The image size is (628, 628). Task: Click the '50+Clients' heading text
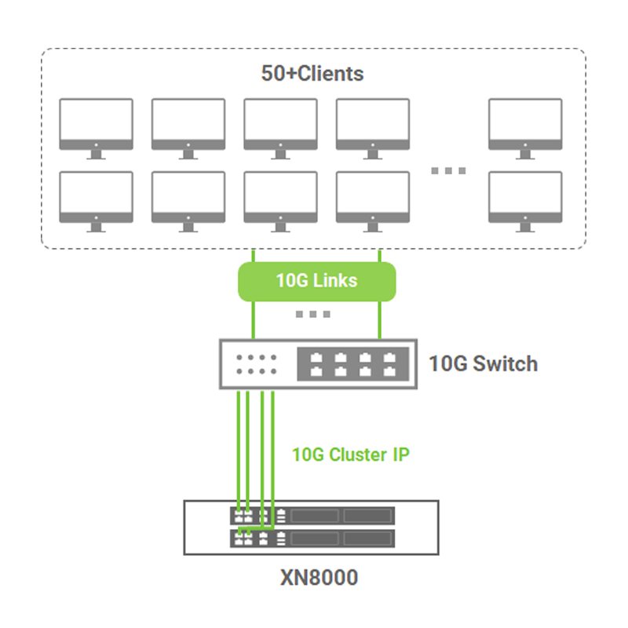[312, 74]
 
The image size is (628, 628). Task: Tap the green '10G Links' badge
[316, 280]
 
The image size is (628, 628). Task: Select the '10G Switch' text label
[483, 363]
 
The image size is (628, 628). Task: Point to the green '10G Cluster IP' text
[351, 455]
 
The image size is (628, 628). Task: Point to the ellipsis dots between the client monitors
[448, 170]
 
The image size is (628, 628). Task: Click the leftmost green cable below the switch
[238, 447]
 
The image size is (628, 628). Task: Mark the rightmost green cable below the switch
[272, 447]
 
